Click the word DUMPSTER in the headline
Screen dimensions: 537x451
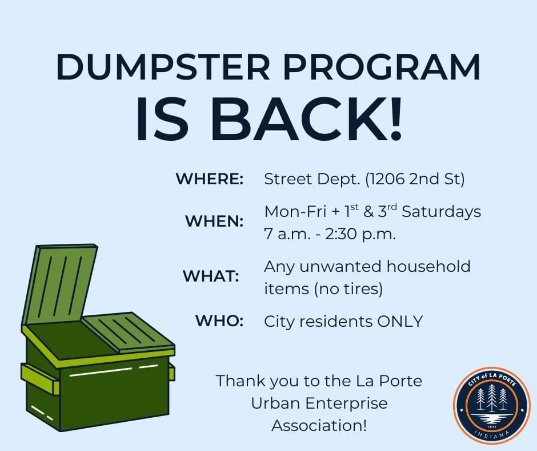pyautogui.click(x=163, y=67)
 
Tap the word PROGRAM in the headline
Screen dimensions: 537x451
pyautogui.click(x=382, y=67)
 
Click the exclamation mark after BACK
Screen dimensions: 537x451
pyautogui.click(x=395, y=118)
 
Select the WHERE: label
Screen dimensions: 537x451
pyautogui.click(x=210, y=179)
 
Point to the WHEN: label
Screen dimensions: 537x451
pyautogui.click(x=214, y=221)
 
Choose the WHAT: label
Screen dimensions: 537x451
pyautogui.click(x=211, y=276)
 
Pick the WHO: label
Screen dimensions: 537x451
pyautogui.click(x=219, y=321)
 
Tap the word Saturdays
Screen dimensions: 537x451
pyautogui.click(x=441, y=212)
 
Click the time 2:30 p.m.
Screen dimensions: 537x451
pyautogui.click(x=360, y=235)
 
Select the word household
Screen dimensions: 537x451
pyautogui.click(x=428, y=267)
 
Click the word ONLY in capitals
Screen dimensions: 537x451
pyautogui.click(x=400, y=322)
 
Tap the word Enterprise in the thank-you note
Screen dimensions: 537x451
pyautogui.click(x=346, y=403)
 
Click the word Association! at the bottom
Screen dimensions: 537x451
pyautogui.click(x=319, y=426)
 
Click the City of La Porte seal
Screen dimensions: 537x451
pyautogui.click(x=492, y=405)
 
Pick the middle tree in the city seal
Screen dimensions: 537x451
pyautogui.click(x=492, y=397)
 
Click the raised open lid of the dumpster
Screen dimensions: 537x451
pyautogui.click(x=60, y=285)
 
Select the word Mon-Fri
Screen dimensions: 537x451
pyautogui.click(x=295, y=212)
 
